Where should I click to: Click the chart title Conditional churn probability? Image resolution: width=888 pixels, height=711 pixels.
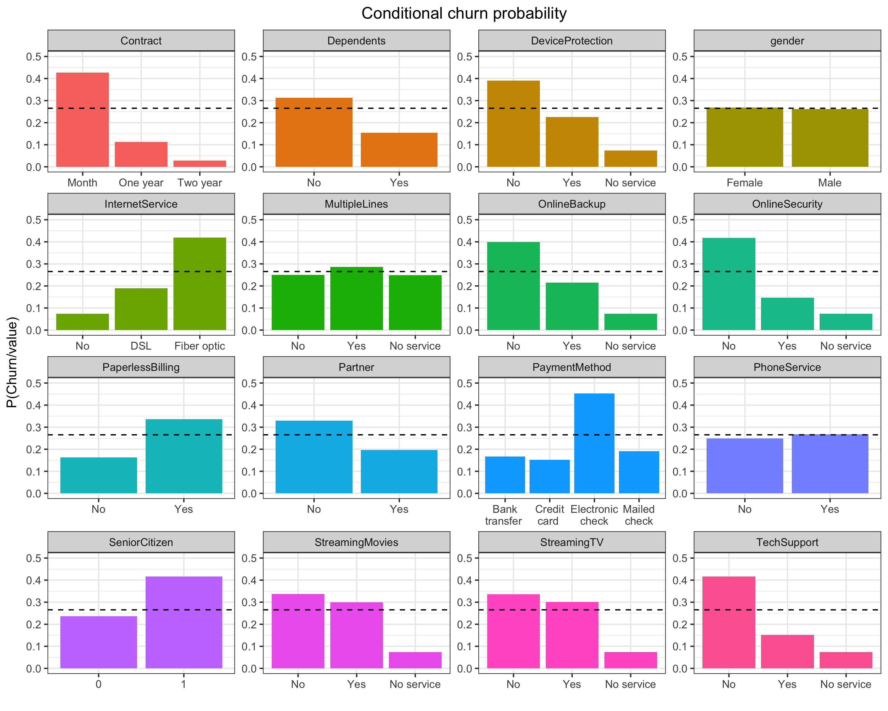(464, 14)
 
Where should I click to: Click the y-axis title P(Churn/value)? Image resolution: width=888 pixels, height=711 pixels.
(12, 362)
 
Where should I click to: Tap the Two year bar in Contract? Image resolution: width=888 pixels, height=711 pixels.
(200, 164)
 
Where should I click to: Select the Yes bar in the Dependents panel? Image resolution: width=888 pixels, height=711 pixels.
(399, 150)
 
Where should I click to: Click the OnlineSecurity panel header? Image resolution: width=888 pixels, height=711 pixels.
(787, 204)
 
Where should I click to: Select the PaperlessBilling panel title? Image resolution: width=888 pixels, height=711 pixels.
(141, 367)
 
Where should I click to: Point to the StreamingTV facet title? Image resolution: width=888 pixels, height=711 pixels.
(571, 542)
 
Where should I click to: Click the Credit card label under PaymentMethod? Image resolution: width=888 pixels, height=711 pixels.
(549, 515)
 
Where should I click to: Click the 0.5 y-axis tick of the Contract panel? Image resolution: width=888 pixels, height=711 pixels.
(34, 57)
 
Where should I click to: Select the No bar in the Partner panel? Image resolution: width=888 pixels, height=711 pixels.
(314, 457)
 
